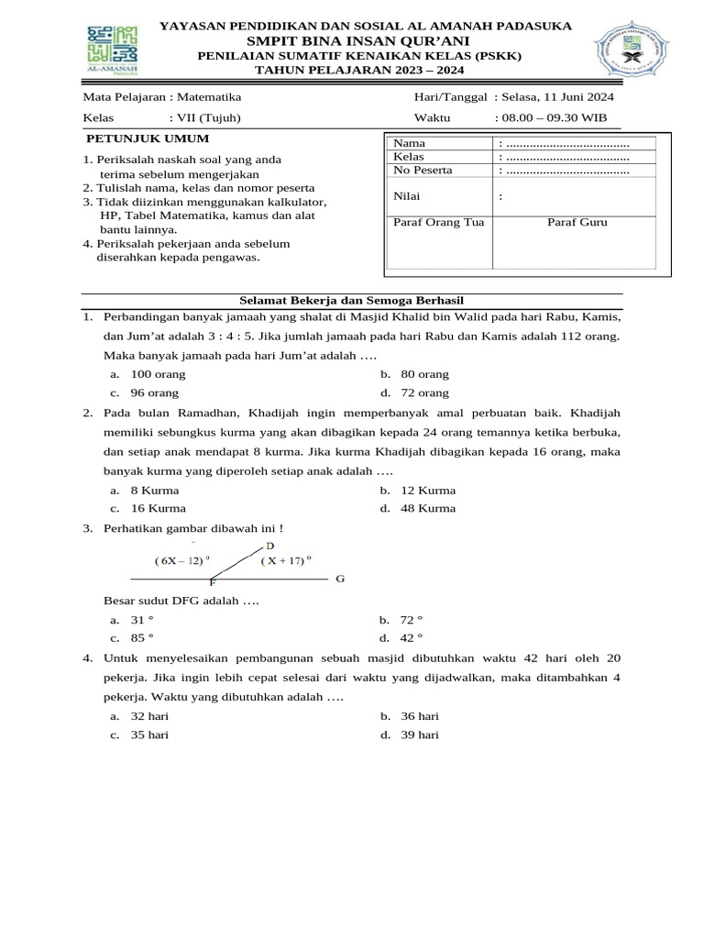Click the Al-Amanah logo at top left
(x=112, y=51)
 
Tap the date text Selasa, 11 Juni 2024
(x=559, y=96)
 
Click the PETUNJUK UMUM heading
(x=148, y=138)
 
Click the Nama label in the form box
(x=409, y=144)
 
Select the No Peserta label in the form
(x=423, y=170)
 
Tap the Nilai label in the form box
(x=408, y=195)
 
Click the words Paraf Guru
(x=577, y=222)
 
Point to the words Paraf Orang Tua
(x=438, y=222)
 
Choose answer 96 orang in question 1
(x=155, y=392)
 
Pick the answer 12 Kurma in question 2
(x=428, y=490)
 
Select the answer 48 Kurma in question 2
(x=428, y=508)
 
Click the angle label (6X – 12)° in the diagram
(x=182, y=560)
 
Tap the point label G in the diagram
(x=340, y=579)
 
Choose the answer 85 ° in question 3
(x=142, y=638)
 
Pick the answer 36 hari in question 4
(x=420, y=716)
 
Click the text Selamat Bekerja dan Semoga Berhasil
(x=351, y=300)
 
